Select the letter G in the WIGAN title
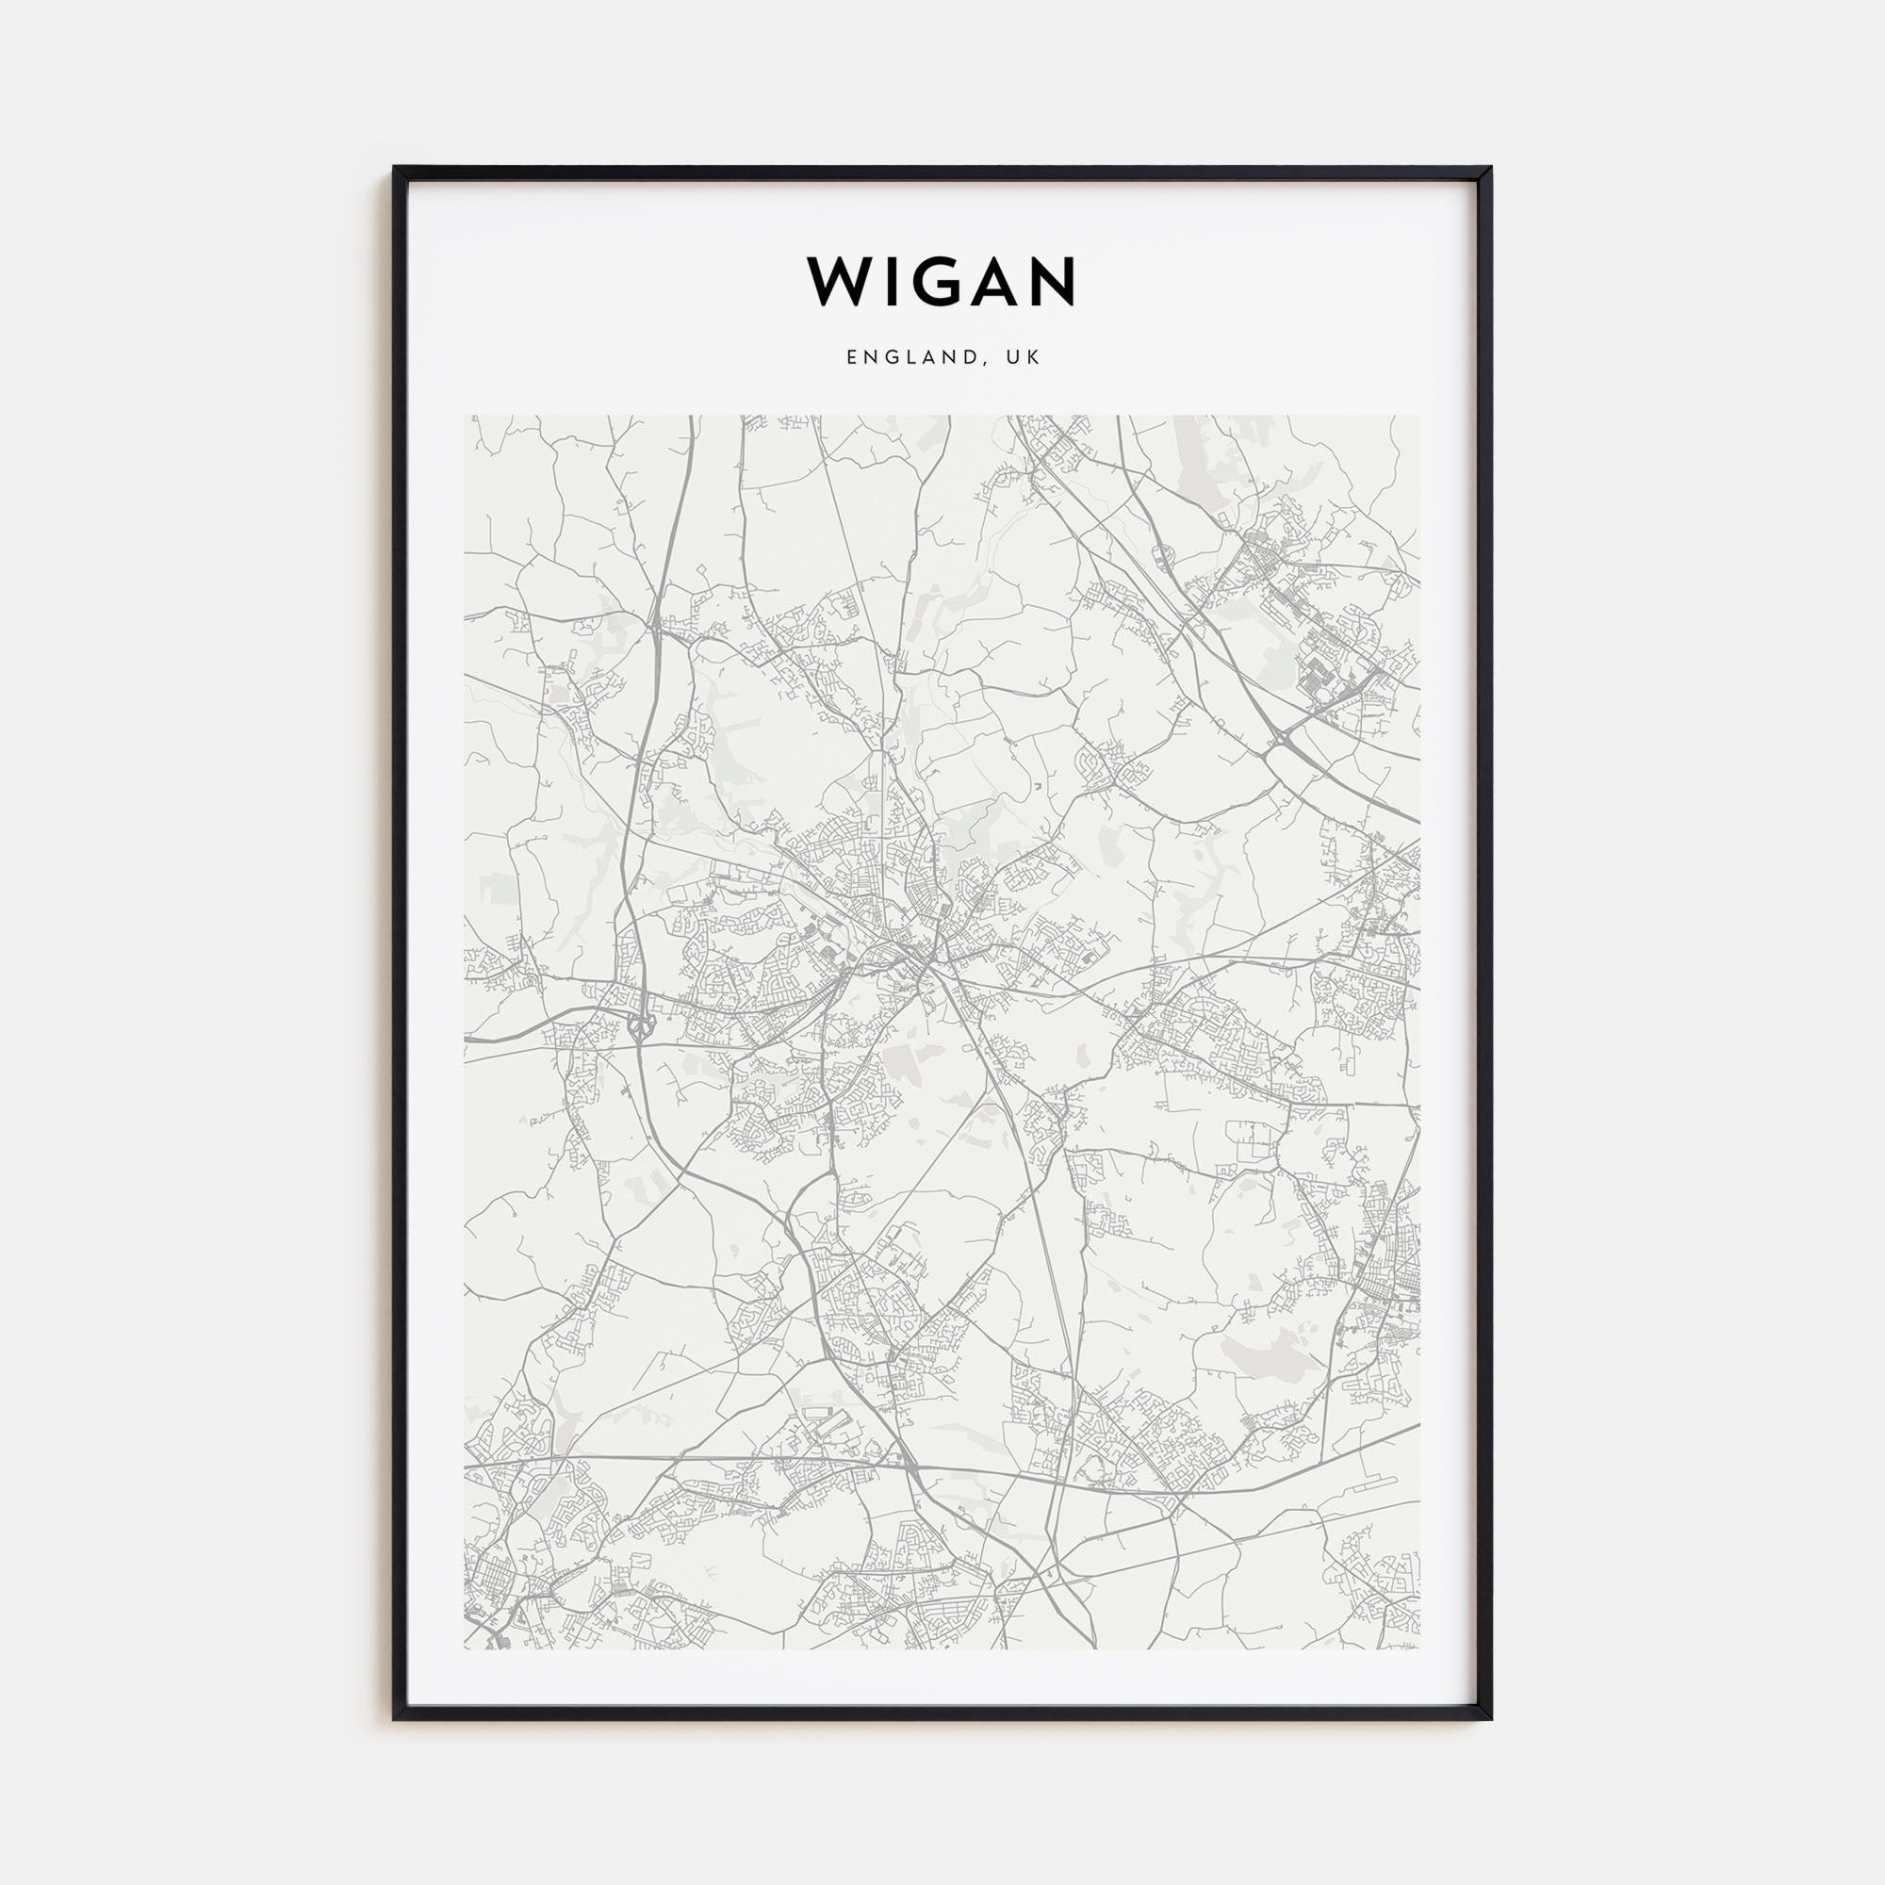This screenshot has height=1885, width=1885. (938, 282)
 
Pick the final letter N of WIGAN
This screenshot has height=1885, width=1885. (1052, 282)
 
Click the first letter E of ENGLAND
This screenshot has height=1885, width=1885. (852, 358)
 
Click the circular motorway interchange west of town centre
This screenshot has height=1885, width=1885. (641, 1025)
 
